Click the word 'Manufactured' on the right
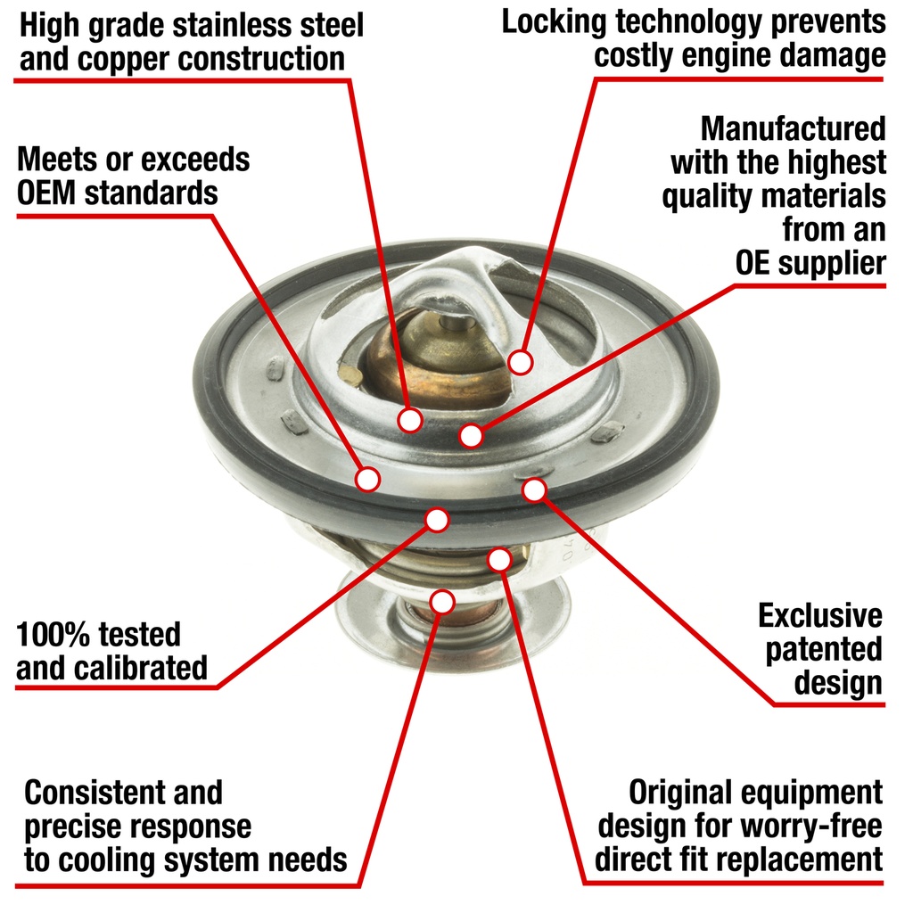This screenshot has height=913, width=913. [x=793, y=128]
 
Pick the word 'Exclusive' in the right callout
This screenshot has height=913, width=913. [x=820, y=615]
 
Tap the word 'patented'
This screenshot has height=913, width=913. [x=823, y=650]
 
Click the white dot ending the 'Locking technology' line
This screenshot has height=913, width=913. [x=520, y=362]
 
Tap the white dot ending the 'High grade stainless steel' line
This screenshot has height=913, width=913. [x=410, y=420]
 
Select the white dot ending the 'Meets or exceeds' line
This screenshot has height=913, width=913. [x=368, y=479]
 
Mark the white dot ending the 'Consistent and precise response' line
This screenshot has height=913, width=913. [x=442, y=602]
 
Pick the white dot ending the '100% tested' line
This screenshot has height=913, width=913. [x=437, y=520]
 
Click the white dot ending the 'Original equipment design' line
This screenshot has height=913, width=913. [x=499, y=560]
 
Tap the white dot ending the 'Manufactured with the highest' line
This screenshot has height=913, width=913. [x=471, y=435]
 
